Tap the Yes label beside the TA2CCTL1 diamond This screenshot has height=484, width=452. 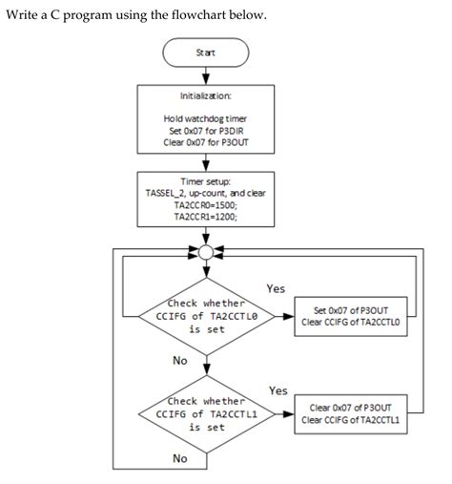[277, 391]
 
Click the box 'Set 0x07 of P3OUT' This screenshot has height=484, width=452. [358, 315]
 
